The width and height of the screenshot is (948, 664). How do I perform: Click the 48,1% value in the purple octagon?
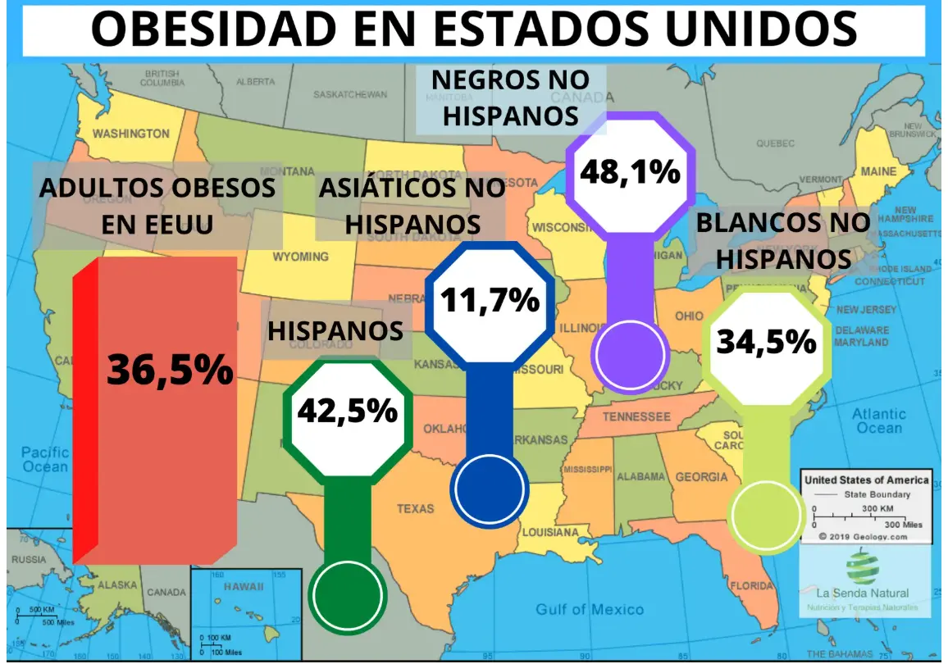tap(630, 173)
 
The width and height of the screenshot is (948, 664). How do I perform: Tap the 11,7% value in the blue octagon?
tap(490, 301)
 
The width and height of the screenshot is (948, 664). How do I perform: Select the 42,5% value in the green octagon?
tap(347, 410)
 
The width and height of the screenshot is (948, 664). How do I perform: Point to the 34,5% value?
tap(767, 341)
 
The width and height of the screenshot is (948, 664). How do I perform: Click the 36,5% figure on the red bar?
tap(171, 371)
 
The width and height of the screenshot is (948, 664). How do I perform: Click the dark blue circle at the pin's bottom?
tap(489, 489)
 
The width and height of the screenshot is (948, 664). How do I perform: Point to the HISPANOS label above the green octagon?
tap(335, 330)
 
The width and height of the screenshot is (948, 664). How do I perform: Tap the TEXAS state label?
tap(416, 509)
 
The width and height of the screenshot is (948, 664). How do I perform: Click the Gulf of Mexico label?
tap(590, 609)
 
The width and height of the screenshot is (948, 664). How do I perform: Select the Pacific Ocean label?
tap(45, 459)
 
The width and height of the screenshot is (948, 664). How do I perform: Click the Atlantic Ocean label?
tap(878, 421)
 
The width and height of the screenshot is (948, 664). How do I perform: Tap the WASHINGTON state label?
tap(131, 134)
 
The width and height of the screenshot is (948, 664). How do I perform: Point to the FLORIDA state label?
tap(751, 586)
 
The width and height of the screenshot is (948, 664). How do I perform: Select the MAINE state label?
tap(877, 172)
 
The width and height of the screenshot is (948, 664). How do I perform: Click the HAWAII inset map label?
tap(247, 588)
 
